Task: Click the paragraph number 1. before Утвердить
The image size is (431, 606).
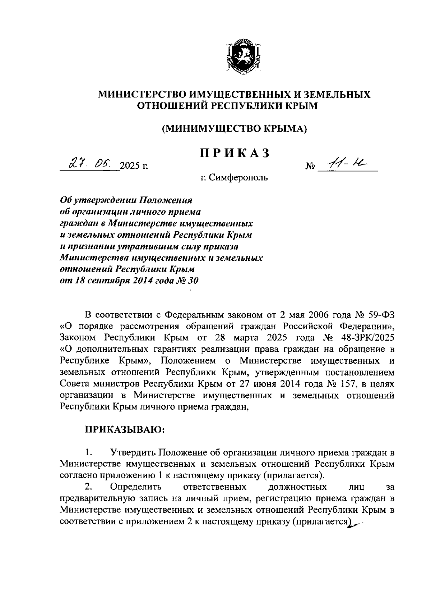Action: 89,452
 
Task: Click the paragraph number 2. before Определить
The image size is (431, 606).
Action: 89,487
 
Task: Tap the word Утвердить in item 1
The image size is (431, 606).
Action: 134,452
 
